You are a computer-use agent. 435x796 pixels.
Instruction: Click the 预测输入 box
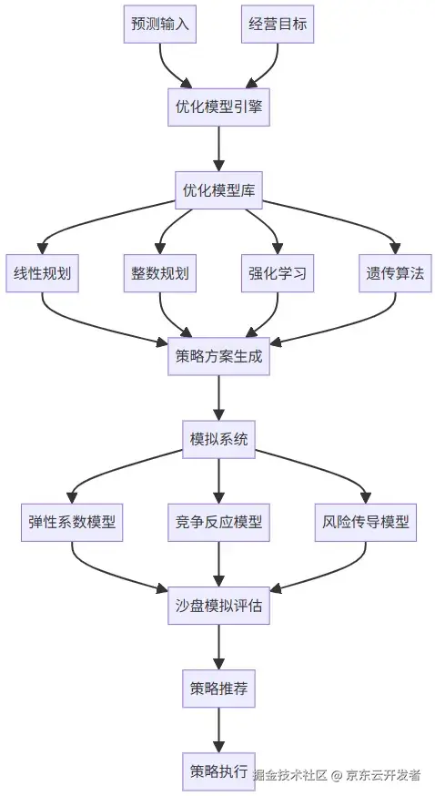click(x=160, y=25)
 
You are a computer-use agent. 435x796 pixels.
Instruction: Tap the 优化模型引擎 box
click(x=218, y=107)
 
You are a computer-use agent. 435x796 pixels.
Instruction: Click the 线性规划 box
click(x=43, y=273)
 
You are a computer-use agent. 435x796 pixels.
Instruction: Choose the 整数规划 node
click(x=160, y=273)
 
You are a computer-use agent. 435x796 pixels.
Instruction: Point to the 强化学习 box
click(x=278, y=273)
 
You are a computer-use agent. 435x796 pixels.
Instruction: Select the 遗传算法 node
click(x=395, y=273)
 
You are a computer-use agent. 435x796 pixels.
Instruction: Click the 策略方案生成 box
click(x=218, y=356)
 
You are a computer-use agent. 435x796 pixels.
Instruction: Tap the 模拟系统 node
click(x=218, y=439)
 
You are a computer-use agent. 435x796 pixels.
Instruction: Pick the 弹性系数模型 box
click(x=72, y=522)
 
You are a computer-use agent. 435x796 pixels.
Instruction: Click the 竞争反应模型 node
click(x=218, y=522)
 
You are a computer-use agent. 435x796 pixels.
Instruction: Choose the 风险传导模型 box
click(x=366, y=522)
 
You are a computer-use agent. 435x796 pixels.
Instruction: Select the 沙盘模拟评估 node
click(x=218, y=605)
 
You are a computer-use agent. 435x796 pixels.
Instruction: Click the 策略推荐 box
click(x=218, y=688)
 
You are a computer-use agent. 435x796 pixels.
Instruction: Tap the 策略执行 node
click(x=218, y=770)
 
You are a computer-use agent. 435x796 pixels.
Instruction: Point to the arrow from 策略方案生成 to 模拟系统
click(x=218, y=397)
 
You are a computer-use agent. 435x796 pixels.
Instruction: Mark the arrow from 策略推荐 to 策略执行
click(x=218, y=729)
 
